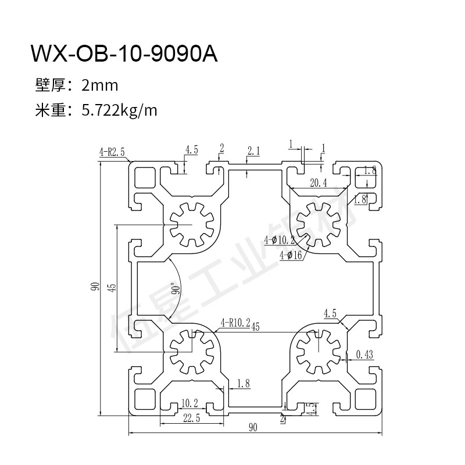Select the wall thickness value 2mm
pos(100,86)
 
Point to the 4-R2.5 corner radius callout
pos(112,153)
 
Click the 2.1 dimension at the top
pos(253,151)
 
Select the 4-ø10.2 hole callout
pos(280,239)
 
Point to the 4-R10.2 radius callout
pos(235,321)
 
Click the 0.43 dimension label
pos(364,353)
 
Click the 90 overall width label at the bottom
pos(253,428)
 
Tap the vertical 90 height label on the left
pos(94,286)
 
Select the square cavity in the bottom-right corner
pos(366,399)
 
